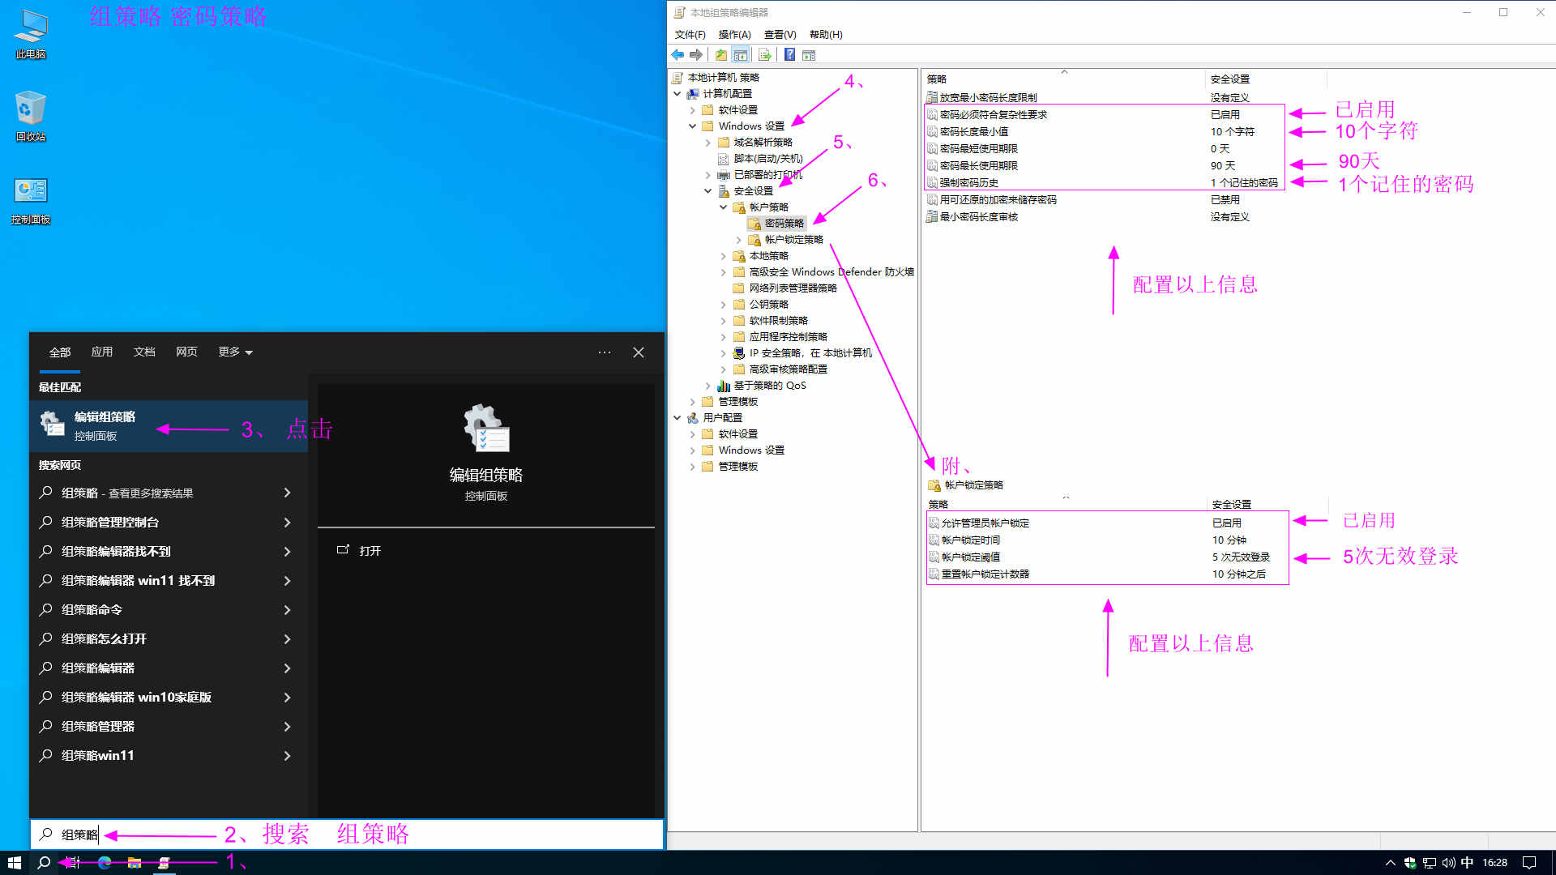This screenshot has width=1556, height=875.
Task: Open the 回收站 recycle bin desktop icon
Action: tap(31, 116)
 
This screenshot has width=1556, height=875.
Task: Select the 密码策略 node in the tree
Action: tap(784, 223)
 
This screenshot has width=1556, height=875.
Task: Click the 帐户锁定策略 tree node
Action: tap(793, 239)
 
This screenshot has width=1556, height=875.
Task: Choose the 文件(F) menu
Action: tap(690, 34)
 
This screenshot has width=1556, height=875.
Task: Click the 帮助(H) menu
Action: tap(826, 34)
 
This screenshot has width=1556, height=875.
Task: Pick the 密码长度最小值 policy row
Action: tap(974, 131)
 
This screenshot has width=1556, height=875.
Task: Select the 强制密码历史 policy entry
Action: tap(968, 182)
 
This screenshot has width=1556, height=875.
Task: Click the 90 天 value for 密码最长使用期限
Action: tap(1223, 165)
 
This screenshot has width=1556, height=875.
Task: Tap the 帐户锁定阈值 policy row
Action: tap(970, 557)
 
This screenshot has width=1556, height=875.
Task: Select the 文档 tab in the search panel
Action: tap(144, 352)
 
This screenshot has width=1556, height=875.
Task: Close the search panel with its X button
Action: tap(639, 352)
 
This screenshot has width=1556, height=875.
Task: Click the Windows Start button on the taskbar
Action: tap(14, 863)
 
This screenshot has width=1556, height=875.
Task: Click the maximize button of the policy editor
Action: tap(1503, 12)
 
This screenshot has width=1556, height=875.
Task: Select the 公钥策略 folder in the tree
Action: tap(768, 304)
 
